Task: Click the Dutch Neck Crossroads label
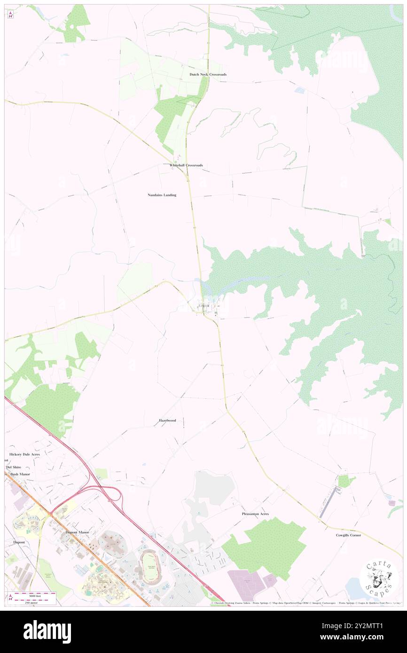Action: coord(208,75)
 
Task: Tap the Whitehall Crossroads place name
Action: coord(186,166)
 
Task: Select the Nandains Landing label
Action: coord(162,194)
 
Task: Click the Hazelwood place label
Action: coord(167,420)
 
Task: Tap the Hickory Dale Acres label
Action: coord(24,455)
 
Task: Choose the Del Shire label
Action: coord(14,468)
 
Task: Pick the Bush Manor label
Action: coord(20,474)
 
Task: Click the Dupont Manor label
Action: coord(77,532)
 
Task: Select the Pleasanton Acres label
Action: coord(255,514)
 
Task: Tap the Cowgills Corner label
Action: coord(348,535)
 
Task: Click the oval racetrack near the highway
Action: coord(151,567)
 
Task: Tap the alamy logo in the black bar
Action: coord(47,631)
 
